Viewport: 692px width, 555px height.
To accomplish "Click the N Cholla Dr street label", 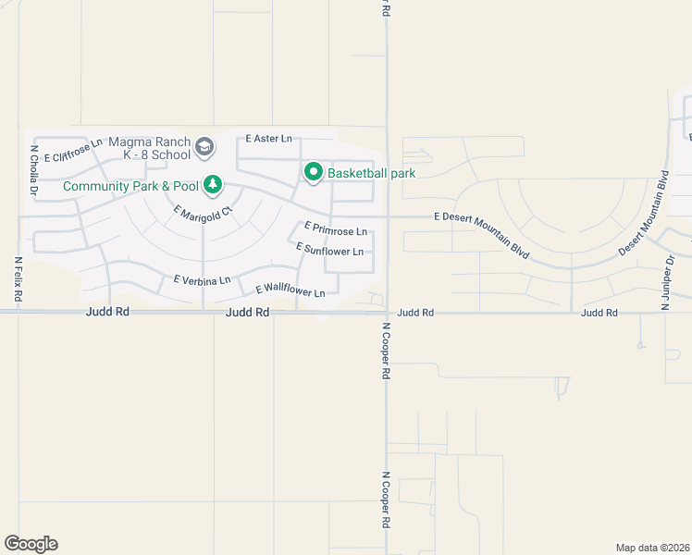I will (x=33, y=170).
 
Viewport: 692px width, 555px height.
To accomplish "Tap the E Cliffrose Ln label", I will (x=72, y=151).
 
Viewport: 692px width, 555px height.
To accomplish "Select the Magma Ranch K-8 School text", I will (x=149, y=148).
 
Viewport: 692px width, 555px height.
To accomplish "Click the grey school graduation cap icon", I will (x=204, y=146).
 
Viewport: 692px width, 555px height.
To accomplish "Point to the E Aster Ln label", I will (x=268, y=139).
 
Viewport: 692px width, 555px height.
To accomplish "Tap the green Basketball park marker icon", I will (x=314, y=172).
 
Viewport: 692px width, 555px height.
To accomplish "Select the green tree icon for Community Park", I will (x=213, y=185).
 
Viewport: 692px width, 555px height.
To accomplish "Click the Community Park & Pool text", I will (x=130, y=186).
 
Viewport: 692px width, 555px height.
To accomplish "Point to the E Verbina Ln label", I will (x=202, y=279).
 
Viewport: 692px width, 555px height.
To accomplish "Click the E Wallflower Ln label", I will (x=290, y=291).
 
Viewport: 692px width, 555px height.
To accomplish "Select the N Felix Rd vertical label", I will (x=18, y=278).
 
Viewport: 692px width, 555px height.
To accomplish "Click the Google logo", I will (x=31, y=544).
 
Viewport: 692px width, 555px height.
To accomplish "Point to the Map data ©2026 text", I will (x=652, y=548).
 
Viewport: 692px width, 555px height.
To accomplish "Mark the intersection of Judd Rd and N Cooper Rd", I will (x=387, y=313).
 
